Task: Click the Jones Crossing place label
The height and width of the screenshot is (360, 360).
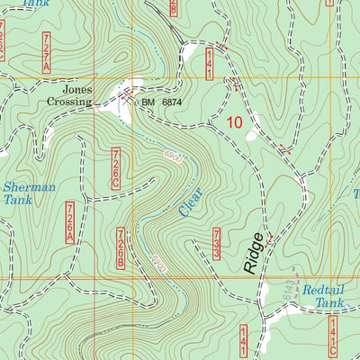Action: coord(77,96)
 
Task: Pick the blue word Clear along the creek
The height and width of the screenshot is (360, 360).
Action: coord(186,200)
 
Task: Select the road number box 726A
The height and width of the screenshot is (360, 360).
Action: coord(68,222)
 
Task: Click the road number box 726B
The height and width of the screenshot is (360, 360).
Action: coord(121,248)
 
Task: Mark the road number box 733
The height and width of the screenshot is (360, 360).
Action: coord(217,244)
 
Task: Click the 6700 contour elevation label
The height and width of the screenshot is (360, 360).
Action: coord(159,265)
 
